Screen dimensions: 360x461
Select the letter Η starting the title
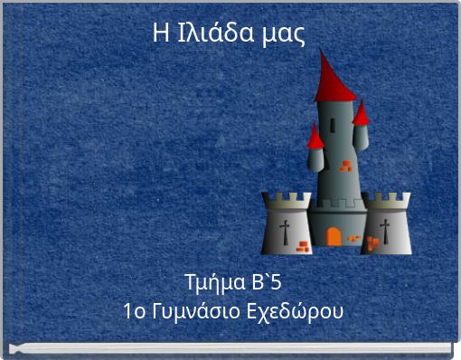tap(161, 33)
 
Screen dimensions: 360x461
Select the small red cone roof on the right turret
tap(361, 114)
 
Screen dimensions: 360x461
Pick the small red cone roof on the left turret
tap(315, 137)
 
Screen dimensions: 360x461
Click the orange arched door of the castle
tap(334, 237)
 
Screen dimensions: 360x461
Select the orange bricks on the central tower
tap(345, 166)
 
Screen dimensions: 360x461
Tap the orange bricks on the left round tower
tap(302, 245)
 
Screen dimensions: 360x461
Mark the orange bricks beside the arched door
tap(354, 239)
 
